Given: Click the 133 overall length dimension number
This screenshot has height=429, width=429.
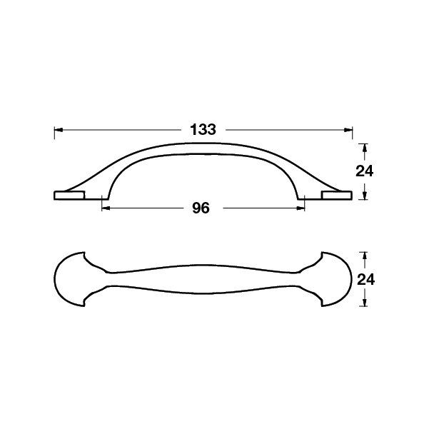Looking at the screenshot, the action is point(203,130).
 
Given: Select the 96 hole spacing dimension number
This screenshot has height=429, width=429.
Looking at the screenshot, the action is point(201,208).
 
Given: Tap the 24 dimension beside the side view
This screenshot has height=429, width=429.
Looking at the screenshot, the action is point(364,171).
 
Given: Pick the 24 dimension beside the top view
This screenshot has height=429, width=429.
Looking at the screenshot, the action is point(365,280).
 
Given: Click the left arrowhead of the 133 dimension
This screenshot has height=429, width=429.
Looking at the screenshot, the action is point(59,130).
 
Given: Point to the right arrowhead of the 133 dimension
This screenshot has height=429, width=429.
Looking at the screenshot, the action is point(348,130).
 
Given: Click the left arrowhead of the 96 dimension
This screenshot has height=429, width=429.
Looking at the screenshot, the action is point(106,208).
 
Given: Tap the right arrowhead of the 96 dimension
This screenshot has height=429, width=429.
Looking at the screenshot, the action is point(301,208).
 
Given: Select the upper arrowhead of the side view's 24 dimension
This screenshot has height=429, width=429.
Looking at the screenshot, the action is point(364,148).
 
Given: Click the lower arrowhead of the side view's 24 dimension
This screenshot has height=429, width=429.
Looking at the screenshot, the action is point(364,196).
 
